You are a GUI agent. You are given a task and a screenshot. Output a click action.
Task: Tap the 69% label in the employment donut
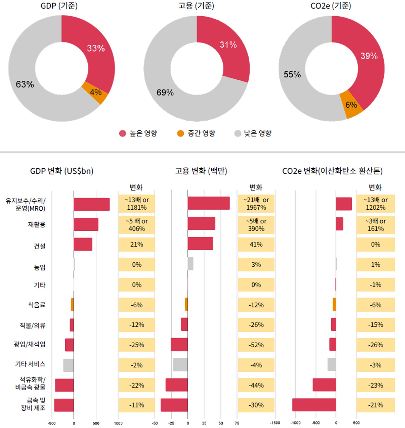tap(165, 93)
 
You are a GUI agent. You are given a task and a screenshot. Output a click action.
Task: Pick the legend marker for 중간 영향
tap(180, 133)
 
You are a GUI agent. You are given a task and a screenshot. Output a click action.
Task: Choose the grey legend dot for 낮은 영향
tap(238, 133)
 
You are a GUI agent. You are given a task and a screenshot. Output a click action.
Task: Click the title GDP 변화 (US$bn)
tap(62, 171)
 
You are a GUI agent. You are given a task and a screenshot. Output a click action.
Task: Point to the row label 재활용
tap(37, 224)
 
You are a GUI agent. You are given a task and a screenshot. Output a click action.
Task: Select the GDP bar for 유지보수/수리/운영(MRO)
tap(92, 204)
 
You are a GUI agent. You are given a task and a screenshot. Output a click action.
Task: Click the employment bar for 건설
tap(200, 243)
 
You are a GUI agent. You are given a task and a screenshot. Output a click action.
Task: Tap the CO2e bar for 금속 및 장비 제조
tap(314, 405)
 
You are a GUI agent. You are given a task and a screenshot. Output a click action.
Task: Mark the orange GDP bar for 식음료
tap(72, 304)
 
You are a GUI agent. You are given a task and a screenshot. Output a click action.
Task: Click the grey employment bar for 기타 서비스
tap(180, 365)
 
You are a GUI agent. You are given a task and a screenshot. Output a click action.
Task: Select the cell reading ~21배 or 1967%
tap(256, 204)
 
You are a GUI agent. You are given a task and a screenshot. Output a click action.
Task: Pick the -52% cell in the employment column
tap(256, 345)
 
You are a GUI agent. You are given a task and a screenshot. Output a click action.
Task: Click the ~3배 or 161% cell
tap(375, 225)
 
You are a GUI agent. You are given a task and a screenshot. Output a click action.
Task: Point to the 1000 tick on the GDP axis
tap(118, 423)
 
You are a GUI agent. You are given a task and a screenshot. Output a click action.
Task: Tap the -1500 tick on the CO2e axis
tap(275, 423)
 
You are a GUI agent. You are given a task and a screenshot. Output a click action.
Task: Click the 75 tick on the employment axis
tap(237, 423)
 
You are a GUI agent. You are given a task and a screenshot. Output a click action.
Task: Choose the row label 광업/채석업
tap(30, 344)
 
